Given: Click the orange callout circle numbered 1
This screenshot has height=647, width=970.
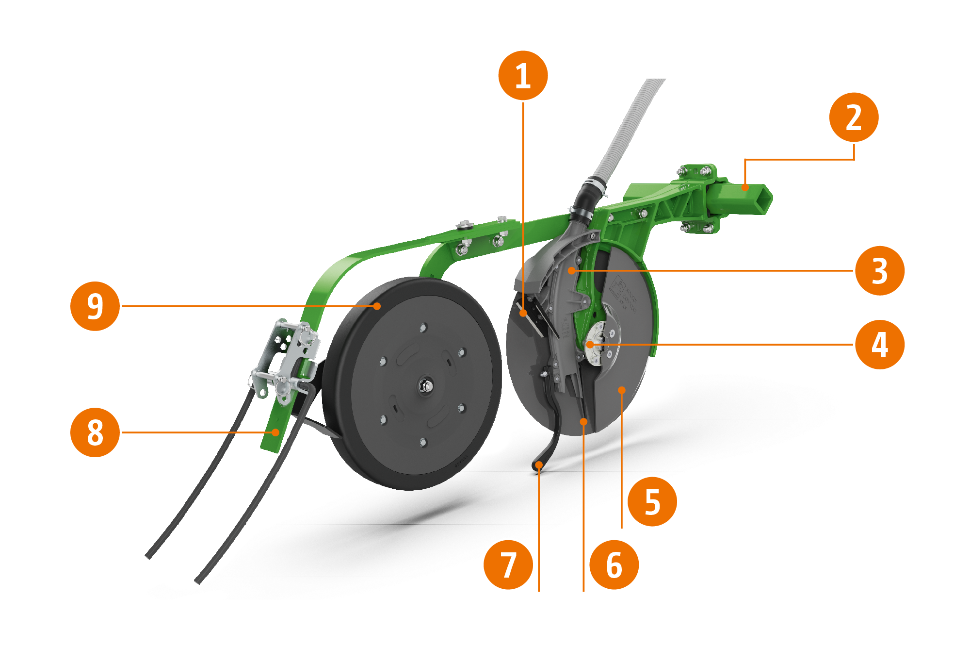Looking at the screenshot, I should point(523,75).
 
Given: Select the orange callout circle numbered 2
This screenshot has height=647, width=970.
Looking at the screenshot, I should point(854,117).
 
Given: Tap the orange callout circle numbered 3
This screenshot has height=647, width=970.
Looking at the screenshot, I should point(879,271).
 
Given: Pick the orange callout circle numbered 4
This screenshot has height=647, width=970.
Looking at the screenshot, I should point(879,345).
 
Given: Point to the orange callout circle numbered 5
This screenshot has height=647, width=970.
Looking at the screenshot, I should point(652,501).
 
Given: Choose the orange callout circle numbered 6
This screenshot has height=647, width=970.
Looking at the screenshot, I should point(614,564).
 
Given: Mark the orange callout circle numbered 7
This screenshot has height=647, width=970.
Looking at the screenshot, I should point(508,564).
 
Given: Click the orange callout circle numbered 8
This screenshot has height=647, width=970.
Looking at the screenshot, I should point(95,432).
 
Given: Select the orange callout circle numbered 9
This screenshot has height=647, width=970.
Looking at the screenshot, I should point(95,306).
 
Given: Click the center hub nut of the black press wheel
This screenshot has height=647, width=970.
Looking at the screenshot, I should point(426,386).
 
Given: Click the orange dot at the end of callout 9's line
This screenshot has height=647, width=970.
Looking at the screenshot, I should point(377,306).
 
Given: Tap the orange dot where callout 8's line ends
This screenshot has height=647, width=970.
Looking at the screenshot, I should point(275,432).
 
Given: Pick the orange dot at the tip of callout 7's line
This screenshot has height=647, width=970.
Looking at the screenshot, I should point(539,465).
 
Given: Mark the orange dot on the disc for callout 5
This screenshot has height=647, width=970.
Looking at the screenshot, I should point(622,390).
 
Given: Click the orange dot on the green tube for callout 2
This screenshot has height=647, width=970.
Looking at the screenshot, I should point(745,187).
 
